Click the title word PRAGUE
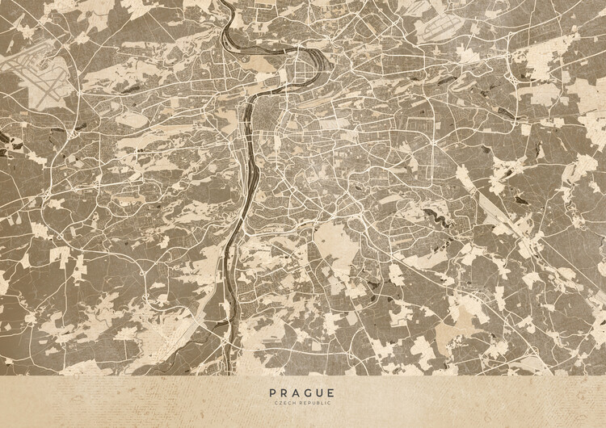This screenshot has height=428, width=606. tap(302, 392)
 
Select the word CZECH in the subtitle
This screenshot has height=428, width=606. tap(286, 403)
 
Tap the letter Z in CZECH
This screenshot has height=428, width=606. tap(283, 403)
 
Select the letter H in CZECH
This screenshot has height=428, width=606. tap(295, 403)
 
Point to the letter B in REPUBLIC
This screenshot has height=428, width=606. tap(317, 403)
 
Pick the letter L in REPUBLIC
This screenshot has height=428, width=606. tap(322, 403)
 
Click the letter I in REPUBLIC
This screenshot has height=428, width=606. tap(325, 403)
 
